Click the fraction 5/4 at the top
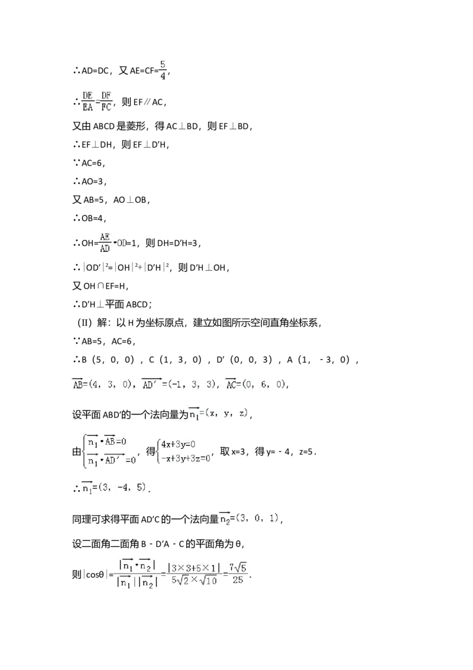[163, 70]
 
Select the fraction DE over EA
[88, 102]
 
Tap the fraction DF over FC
[106, 102]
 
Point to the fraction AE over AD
[105, 242]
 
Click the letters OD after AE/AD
[121, 242]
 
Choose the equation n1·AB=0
[108, 441]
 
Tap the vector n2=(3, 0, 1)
[250, 518]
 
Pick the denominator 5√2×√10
[194, 580]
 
